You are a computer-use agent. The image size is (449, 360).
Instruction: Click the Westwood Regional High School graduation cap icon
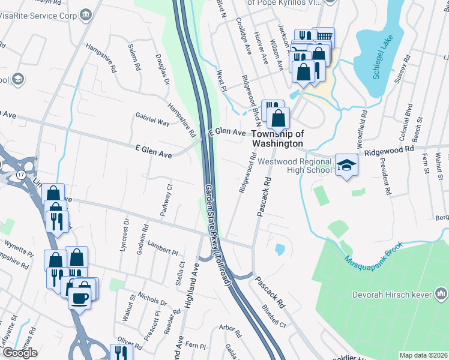[346, 164]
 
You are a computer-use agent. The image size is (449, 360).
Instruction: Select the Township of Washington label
[277, 139]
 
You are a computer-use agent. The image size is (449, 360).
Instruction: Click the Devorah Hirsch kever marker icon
[442, 293]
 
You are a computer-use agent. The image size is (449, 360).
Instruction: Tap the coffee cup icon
[80, 296]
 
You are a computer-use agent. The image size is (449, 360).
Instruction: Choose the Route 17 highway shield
[21, 175]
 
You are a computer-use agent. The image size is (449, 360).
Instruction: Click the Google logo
[19, 353]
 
